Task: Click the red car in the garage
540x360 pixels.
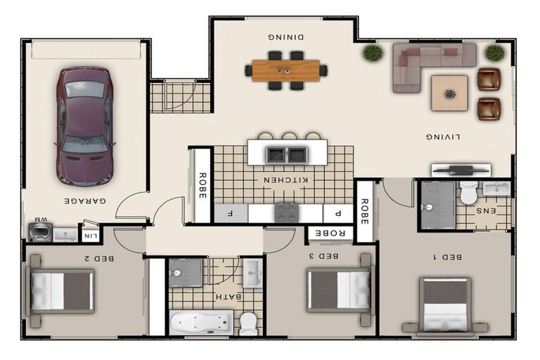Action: pyautogui.click(x=84, y=127)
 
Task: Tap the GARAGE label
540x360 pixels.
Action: pyautogui.click(x=85, y=201)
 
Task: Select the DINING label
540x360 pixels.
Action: pyautogui.click(x=286, y=37)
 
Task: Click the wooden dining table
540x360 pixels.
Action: pyautogui.click(x=286, y=70)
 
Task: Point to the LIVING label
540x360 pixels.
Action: pyautogui.click(x=443, y=137)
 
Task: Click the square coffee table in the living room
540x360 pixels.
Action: pyautogui.click(x=449, y=94)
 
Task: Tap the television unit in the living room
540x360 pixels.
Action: pyautogui.click(x=461, y=170)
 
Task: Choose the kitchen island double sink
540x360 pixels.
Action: pyautogui.click(x=287, y=155)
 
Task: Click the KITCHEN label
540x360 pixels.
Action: pyautogui.click(x=286, y=180)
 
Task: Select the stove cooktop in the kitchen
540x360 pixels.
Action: pyautogui.click(x=287, y=213)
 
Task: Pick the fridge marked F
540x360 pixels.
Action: pyautogui.click(x=231, y=213)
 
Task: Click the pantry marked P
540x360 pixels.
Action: pyautogui.click(x=338, y=213)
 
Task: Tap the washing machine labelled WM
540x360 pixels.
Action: pyautogui.click(x=40, y=232)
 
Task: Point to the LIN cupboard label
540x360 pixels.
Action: pyautogui.click(x=91, y=236)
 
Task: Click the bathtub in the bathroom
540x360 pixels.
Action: pyautogui.click(x=202, y=323)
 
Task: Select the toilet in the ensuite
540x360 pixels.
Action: pyautogui.click(x=469, y=193)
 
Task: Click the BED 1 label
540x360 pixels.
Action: pyautogui.click(x=447, y=257)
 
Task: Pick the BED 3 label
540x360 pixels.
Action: pyautogui.click(x=323, y=256)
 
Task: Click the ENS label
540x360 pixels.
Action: pyautogui.click(x=486, y=211)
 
